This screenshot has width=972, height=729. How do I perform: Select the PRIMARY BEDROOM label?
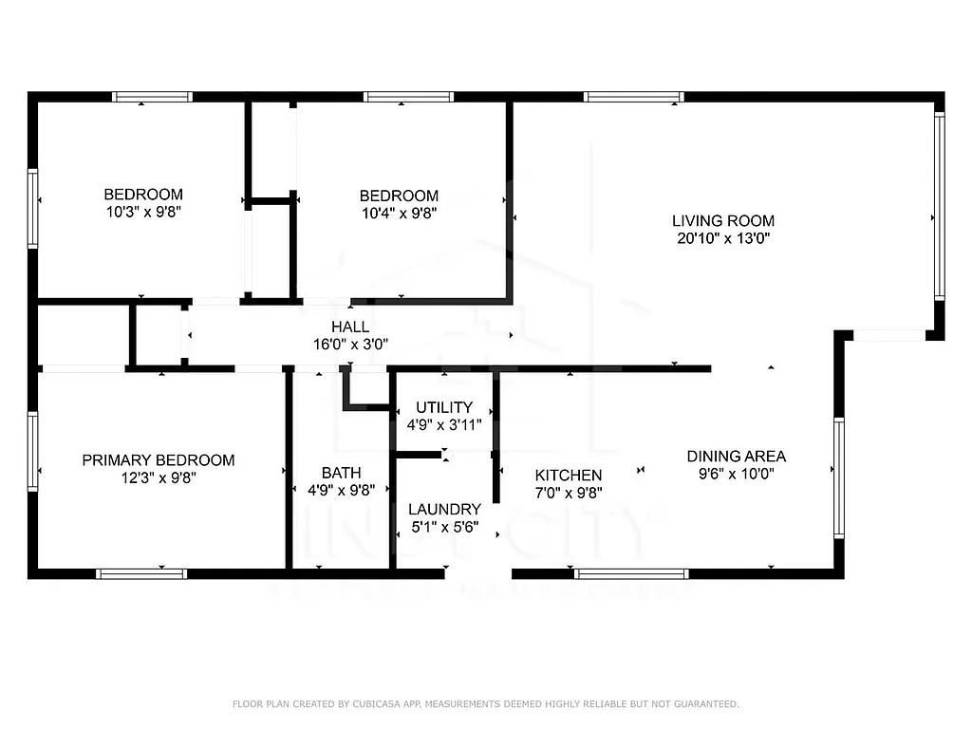pos(159,460)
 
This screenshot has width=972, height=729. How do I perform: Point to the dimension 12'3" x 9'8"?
pos(159,478)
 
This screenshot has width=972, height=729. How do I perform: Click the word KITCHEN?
pos(569,475)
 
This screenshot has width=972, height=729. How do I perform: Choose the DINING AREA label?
pos(737,456)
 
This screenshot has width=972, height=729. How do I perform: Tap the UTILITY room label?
pos(444,407)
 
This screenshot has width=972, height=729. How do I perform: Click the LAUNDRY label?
pos(444,509)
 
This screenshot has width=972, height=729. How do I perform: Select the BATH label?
pos(341,473)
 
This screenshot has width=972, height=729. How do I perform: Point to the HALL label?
pos(350,327)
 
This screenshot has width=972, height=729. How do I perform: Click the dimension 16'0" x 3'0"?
pos(350,346)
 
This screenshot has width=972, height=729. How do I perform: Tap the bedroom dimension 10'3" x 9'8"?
pos(143,213)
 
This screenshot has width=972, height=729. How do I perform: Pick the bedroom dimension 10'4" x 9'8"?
pos(400,214)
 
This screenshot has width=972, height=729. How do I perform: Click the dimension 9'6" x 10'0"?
pos(737,474)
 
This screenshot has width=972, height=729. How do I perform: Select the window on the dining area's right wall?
pos(839,477)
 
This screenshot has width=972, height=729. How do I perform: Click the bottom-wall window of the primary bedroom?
pos(141,573)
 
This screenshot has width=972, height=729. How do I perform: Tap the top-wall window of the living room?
pos(633,97)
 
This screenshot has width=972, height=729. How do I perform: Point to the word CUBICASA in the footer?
pos(377,704)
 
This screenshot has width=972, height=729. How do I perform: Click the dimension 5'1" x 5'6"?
pos(444,527)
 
